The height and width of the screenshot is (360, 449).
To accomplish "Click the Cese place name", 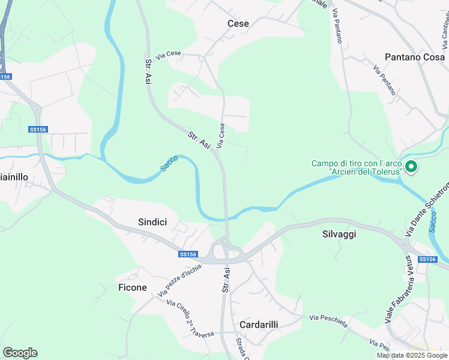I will pyautogui.click(x=238, y=23).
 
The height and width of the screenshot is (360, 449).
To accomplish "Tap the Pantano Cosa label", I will pyautogui.click(x=415, y=57).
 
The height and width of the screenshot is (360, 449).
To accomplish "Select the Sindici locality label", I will pyautogui.click(x=152, y=222).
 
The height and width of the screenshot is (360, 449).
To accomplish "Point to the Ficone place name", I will pyautogui.click(x=133, y=287).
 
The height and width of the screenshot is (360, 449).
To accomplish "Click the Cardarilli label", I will pyautogui.click(x=259, y=324).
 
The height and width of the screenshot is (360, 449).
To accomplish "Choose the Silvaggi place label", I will pyautogui.click(x=339, y=234).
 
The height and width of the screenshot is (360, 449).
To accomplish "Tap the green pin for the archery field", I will pyautogui.click(x=411, y=167).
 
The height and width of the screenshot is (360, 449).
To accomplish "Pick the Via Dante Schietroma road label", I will pyautogui.click(x=429, y=207).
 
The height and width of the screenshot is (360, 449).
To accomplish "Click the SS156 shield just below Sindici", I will pyautogui.click(x=188, y=254).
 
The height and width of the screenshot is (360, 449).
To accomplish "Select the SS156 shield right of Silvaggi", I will pyautogui.click(x=427, y=259).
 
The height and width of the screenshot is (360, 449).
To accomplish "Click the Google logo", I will pyautogui.click(x=20, y=353).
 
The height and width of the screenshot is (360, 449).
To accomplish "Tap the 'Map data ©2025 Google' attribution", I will pyautogui.click(x=411, y=355).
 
